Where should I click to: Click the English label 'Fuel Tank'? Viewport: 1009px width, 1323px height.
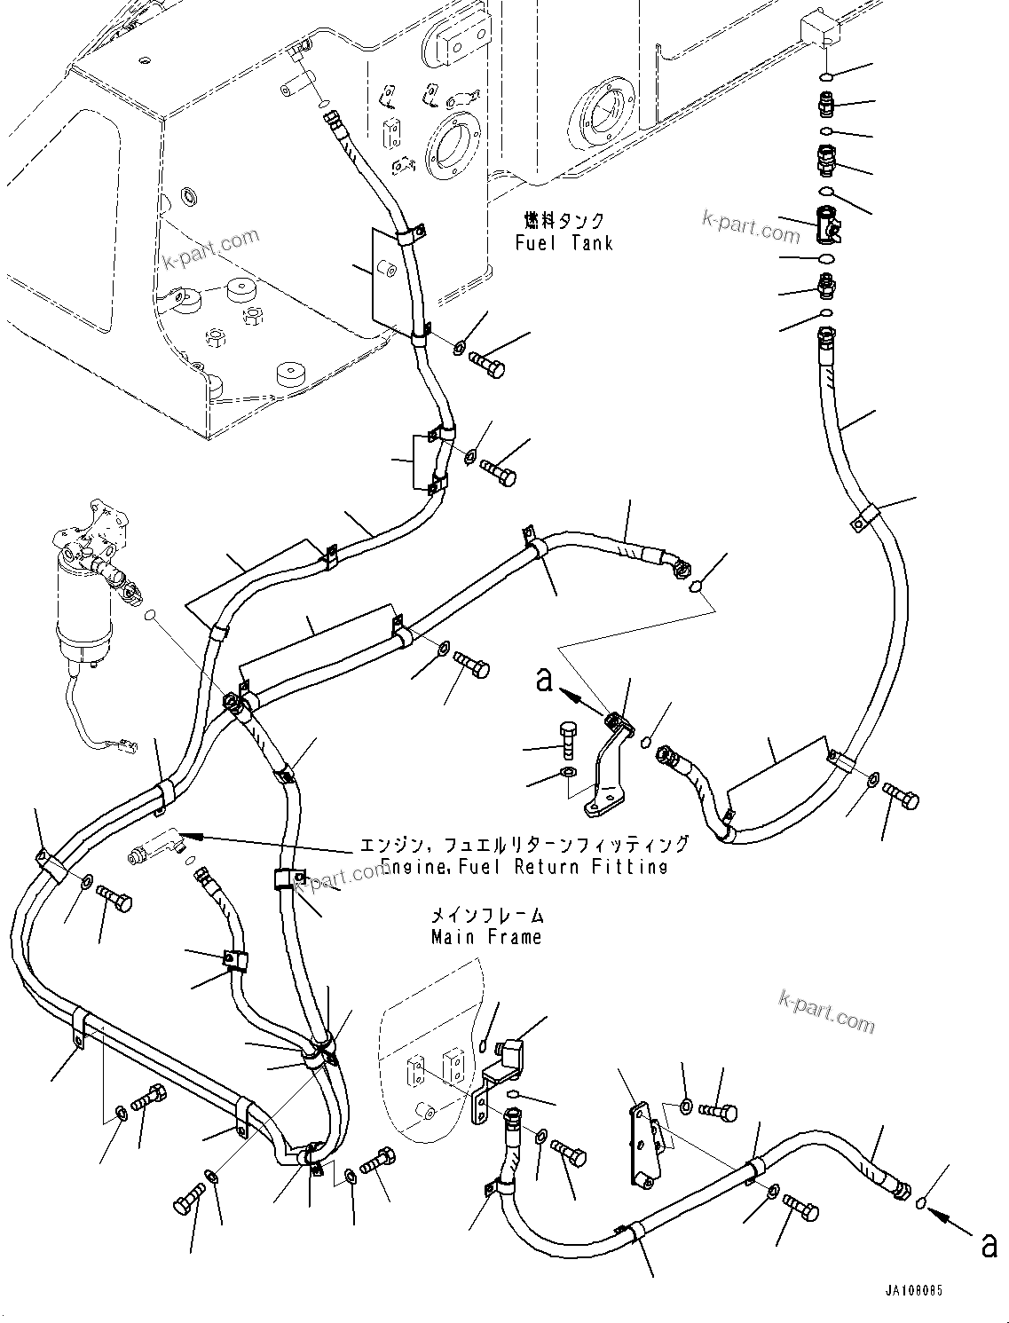pyautogui.click(x=564, y=242)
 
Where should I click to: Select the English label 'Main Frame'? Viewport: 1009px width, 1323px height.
pyautogui.click(x=485, y=937)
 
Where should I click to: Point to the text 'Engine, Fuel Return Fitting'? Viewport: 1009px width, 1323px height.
pyautogui.click(x=524, y=867)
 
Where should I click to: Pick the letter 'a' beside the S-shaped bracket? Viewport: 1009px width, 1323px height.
pyautogui.click(x=545, y=681)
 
